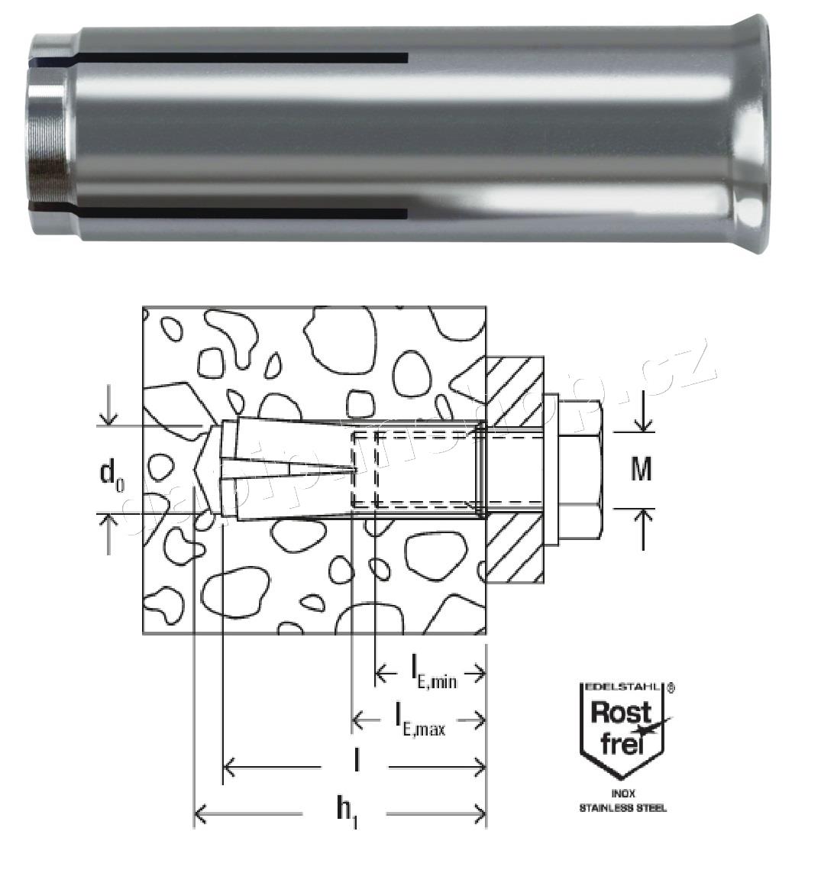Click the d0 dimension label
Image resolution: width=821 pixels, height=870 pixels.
(111, 474)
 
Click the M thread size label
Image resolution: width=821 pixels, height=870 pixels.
(642, 469)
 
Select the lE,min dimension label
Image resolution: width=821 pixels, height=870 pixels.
(433, 671)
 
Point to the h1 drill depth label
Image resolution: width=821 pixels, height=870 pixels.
(347, 813)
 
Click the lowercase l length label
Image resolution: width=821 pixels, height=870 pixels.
(356, 761)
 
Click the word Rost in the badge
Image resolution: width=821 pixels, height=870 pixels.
(622, 713)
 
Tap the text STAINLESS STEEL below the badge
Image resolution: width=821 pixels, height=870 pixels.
(622, 808)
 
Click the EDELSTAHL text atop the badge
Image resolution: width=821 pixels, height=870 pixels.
(620, 687)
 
